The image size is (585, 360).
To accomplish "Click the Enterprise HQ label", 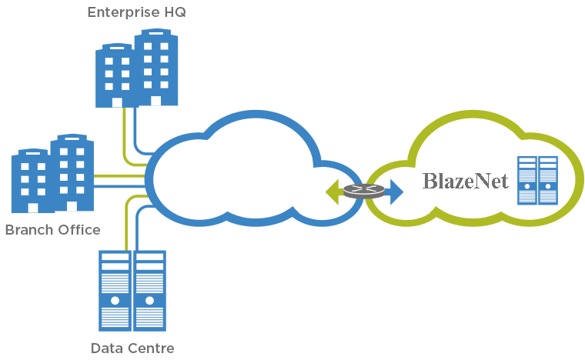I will pyautogui.click(x=136, y=12).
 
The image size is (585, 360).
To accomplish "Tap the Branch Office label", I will pyautogui.click(x=52, y=230).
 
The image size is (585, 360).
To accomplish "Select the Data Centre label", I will pyautogui.click(x=132, y=348).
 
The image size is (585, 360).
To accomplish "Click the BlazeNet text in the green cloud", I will pyautogui.click(x=466, y=182).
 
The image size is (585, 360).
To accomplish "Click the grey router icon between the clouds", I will pyautogui.click(x=363, y=191).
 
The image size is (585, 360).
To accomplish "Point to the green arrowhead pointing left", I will pyautogui.click(x=333, y=192).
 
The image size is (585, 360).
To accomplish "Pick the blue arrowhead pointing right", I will pyautogui.click(x=396, y=192).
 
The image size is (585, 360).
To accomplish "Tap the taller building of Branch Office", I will pyautogui.click(x=72, y=172).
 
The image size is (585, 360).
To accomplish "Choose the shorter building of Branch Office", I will pyautogui.click(x=31, y=181).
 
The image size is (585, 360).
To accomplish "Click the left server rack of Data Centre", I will pyautogui.click(x=115, y=290).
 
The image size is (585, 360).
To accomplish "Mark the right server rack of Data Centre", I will pyautogui.click(x=150, y=290).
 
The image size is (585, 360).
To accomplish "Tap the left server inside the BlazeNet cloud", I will pyautogui.click(x=527, y=180).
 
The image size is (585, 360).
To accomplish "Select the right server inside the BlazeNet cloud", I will pyautogui.click(x=548, y=180).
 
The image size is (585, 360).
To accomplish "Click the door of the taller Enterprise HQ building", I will pyautogui.click(x=155, y=101).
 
